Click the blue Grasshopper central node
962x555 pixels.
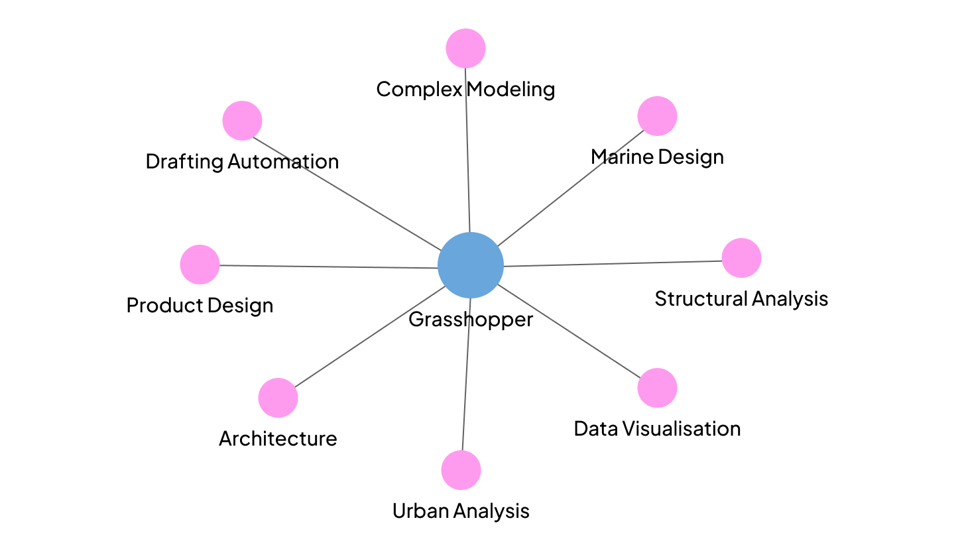[471, 265]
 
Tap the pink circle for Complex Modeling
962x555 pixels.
[465, 48]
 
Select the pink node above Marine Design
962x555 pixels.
[657, 116]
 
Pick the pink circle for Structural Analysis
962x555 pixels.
[741, 258]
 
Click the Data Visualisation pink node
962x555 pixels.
[657, 388]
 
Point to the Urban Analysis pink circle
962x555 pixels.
[461, 470]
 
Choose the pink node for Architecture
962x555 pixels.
[278, 398]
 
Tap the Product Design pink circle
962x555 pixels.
[200, 265]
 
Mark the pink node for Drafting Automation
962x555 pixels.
[242, 121]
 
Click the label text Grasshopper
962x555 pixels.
[471, 320]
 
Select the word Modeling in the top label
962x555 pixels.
[511, 89]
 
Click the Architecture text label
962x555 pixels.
[278, 439]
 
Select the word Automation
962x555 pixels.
[283, 162]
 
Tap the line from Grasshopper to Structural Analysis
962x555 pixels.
[613, 263]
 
